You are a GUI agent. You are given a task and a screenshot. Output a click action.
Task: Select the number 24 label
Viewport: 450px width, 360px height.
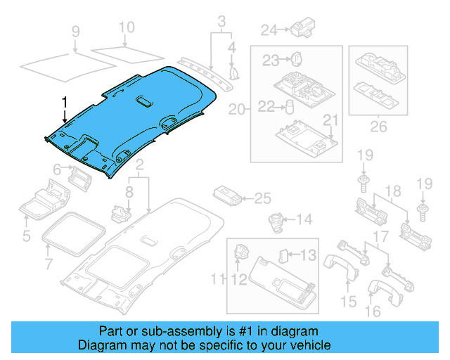coord(269,30)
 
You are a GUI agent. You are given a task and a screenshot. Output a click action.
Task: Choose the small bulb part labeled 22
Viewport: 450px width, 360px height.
coord(288,106)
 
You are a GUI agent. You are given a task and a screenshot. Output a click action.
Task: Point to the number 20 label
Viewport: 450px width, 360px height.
coord(236,110)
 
